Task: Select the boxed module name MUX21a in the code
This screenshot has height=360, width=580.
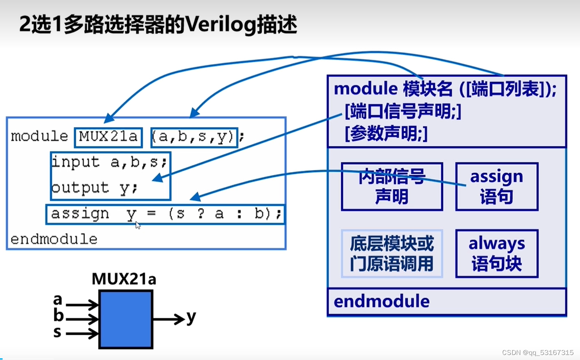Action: (109, 138)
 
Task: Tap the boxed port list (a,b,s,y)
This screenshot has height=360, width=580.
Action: (194, 138)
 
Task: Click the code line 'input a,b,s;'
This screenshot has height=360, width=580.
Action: (110, 162)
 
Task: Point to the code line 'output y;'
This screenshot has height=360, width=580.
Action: (95, 188)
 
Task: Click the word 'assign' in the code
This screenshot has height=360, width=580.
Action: (80, 214)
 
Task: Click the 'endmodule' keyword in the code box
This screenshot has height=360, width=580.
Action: (54, 240)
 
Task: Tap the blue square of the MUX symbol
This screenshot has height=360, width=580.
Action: (126, 319)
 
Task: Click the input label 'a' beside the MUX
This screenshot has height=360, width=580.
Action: (58, 299)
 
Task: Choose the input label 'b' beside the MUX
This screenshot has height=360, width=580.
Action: (58, 316)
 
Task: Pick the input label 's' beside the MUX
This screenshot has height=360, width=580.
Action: (58, 332)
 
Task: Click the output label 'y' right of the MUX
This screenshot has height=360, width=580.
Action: (191, 317)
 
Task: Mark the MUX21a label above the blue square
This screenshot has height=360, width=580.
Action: (124, 279)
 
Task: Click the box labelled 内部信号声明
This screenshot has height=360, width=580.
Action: (392, 187)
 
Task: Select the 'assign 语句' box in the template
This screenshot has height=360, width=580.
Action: (497, 187)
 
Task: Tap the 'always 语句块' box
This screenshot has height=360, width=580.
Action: (497, 254)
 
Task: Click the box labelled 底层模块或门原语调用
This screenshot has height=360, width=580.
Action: (392, 254)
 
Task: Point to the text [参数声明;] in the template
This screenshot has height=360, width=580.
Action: (386, 135)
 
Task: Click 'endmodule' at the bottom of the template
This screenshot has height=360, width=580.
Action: (382, 302)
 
